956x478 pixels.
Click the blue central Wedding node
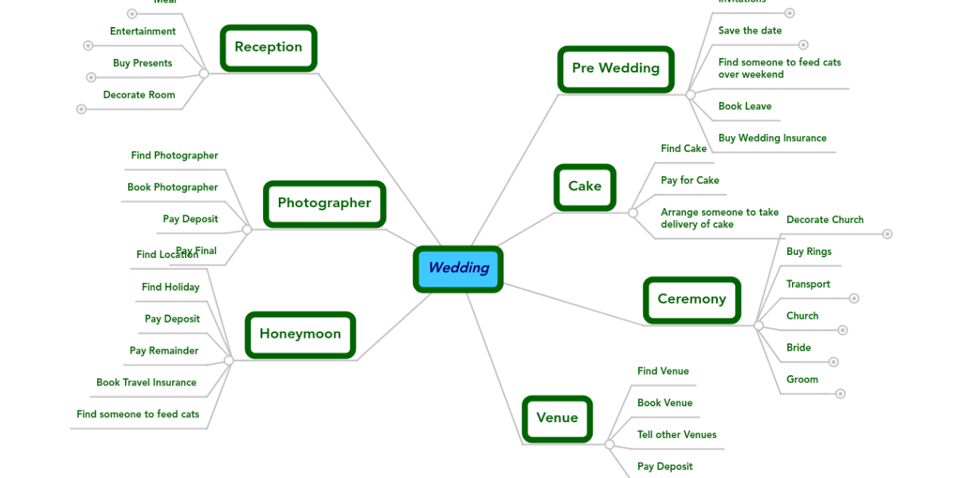click(x=458, y=268)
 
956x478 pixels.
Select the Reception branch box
click(x=268, y=47)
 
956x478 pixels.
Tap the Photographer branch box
click(x=324, y=203)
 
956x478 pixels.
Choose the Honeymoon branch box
click(x=300, y=335)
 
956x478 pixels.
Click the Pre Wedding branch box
click(x=615, y=69)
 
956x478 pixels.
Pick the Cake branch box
click(x=585, y=186)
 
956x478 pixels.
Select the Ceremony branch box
click(x=692, y=300)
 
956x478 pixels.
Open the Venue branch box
click(x=557, y=418)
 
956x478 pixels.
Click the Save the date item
click(x=750, y=31)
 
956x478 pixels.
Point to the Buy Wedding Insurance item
click(x=772, y=139)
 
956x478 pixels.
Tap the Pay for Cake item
click(x=690, y=181)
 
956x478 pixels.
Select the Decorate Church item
click(x=825, y=220)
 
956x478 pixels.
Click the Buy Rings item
click(x=809, y=252)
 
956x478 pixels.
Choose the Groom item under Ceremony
click(x=802, y=380)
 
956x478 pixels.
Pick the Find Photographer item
click(x=174, y=156)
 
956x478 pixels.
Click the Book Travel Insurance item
click(x=147, y=383)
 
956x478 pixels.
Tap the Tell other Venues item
click(x=676, y=435)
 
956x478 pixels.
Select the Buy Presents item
click(x=143, y=64)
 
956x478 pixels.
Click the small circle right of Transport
click(x=854, y=299)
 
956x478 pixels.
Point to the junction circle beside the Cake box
click(x=633, y=213)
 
